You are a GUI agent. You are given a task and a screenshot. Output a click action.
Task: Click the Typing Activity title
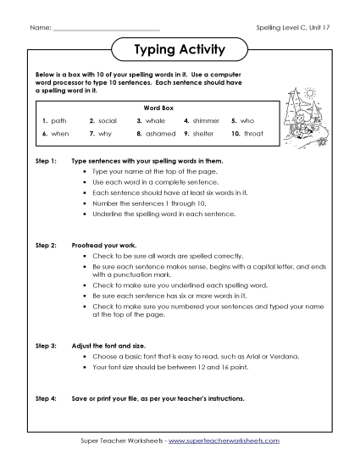click(x=180, y=50)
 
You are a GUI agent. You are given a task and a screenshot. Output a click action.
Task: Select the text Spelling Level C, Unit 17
click(x=292, y=29)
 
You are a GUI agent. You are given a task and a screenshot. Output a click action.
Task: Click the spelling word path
click(x=58, y=121)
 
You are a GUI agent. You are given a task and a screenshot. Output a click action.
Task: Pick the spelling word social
click(x=107, y=121)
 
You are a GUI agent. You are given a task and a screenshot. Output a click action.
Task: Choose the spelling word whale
click(x=155, y=121)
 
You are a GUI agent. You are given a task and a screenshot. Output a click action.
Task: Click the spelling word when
click(x=59, y=134)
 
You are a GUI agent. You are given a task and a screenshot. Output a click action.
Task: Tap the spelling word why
click(x=104, y=134)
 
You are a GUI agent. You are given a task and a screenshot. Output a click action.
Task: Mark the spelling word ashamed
click(x=158, y=134)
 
